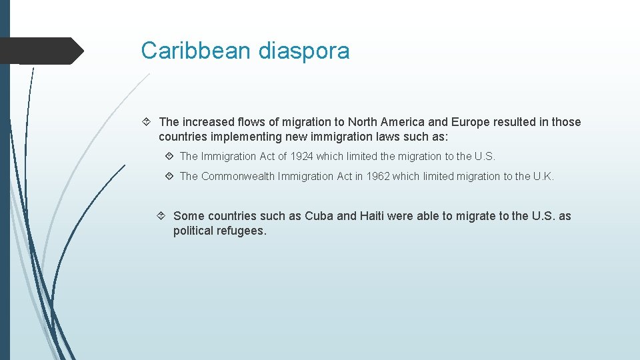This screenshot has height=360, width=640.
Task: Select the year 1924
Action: coord(301,156)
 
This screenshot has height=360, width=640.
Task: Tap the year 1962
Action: coord(377,176)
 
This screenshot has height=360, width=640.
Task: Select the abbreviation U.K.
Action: coord(543,176)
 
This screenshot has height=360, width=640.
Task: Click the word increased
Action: coord(208,122)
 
